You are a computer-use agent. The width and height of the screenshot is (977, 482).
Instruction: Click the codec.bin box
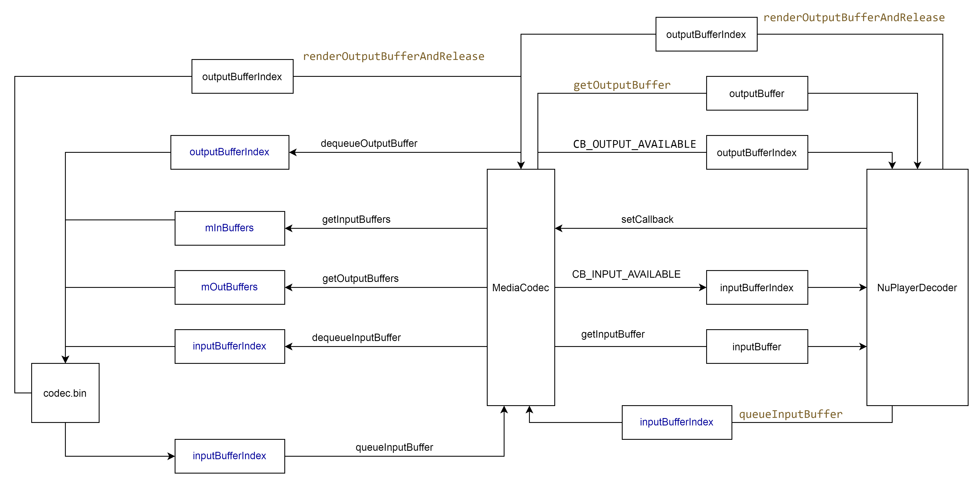65,393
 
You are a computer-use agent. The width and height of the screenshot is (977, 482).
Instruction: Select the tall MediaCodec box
521,287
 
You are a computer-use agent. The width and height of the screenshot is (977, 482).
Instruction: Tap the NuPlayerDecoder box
917,287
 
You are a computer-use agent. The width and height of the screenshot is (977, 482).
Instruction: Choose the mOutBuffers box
229,287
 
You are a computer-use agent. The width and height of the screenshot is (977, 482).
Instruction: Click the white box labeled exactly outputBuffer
757,93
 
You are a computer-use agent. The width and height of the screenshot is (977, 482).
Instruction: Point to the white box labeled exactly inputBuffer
757,347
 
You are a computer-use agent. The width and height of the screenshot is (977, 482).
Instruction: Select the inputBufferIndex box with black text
757,287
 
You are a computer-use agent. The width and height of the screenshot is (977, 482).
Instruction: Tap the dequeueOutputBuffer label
369,144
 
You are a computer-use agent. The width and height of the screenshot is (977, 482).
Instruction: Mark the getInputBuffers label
356,219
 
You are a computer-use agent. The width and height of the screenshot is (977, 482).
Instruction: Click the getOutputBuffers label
360,279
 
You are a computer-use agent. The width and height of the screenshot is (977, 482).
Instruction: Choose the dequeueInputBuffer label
356,337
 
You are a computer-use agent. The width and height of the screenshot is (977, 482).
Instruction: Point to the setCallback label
647,219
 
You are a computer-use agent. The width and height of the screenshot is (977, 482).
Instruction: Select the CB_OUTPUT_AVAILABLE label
634,144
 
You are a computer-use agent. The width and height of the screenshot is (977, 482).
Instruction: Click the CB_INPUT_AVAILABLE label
626,274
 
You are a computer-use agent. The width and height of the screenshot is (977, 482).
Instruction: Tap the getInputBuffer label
613,334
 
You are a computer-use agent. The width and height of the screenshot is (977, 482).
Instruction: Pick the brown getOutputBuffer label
622,85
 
